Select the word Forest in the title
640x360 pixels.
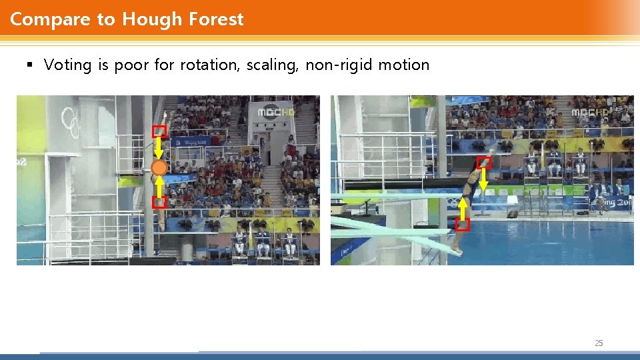pos(216,19)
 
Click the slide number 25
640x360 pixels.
pos(598,343)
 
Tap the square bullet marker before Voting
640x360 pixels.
pos(29,65)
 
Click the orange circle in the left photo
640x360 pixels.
pos(159,167)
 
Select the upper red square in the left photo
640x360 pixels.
pos(159,131)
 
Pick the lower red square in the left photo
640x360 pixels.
pos(159,202)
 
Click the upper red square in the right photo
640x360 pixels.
pos(485,162)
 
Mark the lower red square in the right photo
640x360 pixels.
pos(463,224)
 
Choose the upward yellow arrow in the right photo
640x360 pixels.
pos(463,207)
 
